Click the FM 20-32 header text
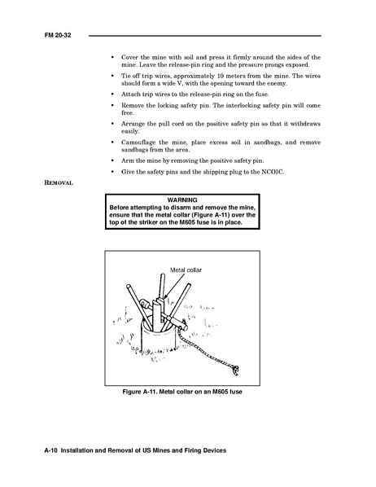click(x=58, y=35)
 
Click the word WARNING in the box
click(x=182, y=200)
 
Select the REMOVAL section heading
click(x=59, y=182)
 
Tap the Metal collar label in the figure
click(x=186, y=270)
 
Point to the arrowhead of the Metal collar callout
click(x=165, y=297)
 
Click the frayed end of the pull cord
click(x=235, y=371)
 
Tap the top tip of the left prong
click(x=129, y=286)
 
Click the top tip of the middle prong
click(x=163, y=274)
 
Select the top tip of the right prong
click(x=189, y=284)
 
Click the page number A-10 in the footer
click(x=51, y=450)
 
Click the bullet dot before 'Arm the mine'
click(x=112, y=161)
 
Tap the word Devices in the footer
click(x=215, y=450)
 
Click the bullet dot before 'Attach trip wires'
click(x=112, y=94)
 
